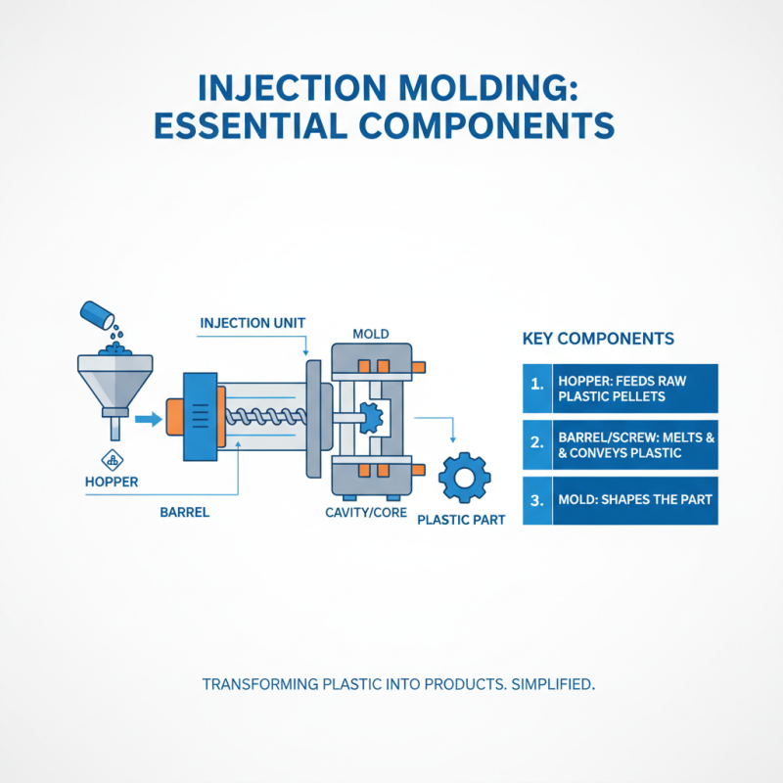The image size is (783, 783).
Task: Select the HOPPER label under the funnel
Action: tap(112, 483)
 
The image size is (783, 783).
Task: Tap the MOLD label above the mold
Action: tap(371, 334)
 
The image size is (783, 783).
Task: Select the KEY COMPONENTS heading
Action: tap(598, 339)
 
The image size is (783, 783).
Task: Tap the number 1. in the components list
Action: tap(536, 383)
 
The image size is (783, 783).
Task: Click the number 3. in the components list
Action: tap(536, 499)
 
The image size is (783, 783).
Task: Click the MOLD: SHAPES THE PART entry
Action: tap(634, 500)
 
